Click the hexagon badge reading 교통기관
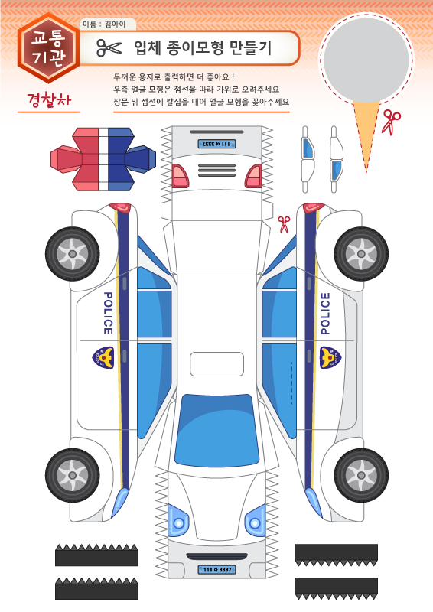(x=48, y=48)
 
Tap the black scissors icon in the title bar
(x=109, y=48)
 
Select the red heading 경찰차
(x=49, y=100)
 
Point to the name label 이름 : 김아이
(x=104, y=24)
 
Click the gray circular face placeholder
(x=366, y=60)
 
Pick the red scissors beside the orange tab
(x=391, y=122)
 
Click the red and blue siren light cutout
(x=103, y=159)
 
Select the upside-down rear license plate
(x=216, y=144)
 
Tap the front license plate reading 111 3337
(x=216, y=569)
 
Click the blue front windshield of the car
(x=216, y=430)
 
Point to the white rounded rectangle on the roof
(x=216, y=364)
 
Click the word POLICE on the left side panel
(x=108, y=313)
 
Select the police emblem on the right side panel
(x=330, y=357)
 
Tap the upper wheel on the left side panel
(x=72, y=254)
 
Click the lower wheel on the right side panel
(x=361, y=475)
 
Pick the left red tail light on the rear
(x=180, y=176)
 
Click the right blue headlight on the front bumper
(x=256, y=521)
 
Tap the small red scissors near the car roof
(x=284, y=224)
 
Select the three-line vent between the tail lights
(x=216, y=170)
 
